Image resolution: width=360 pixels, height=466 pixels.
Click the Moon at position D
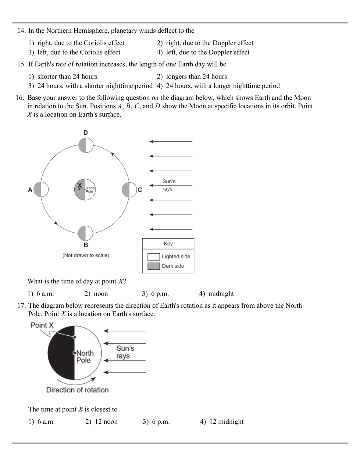pyautogui.click(x=86, y=145)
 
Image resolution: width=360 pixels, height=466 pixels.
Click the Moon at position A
pyautogui.click(x=41, y=190)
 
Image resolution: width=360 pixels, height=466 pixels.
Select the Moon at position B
pyautogui.click(x=85, y=233)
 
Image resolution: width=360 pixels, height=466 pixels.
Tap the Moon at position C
pyautogui.click(x=129, y=190)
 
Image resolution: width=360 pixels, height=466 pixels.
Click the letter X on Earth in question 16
pyautogui.click(x=79, y=186)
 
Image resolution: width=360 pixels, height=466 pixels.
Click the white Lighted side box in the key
pyautogui.click(x=153, y=257)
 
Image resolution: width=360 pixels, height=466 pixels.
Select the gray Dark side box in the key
pyautogui.click(x=153, y=266)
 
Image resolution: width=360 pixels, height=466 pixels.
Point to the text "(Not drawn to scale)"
pyautogui.click(x=86, y=255)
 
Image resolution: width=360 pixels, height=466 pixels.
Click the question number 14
pyautogui.click(x=21, y=31)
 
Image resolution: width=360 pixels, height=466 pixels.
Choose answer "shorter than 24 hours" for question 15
pyautogui.click(x=67, y=77)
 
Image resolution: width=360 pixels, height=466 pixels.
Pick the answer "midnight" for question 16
pyautogui.click(x=221, y=294)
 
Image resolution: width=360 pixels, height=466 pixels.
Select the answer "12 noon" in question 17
pyautogui.click(x=106, y=422)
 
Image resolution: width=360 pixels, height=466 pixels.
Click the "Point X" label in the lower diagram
pyautogui.click(x=42, y=325)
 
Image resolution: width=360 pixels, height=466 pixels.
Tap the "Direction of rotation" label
pyautogui.click(x=77, y=390)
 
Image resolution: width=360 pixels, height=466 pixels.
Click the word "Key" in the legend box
pyautogui.click(x=168, y=244)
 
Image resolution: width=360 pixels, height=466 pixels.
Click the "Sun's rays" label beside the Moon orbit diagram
pyautogui.click(x=169, y=185)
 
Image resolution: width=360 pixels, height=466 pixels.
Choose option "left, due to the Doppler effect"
pyautogui.click(x=207, y=52)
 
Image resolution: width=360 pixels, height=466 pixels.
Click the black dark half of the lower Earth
pyautogui.click(x=61, y=353)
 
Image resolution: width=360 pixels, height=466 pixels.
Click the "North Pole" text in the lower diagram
pyautogui.click(x=85, y=356)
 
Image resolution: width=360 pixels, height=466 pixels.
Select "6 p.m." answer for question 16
pyautogui.click(x=160, y=294)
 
